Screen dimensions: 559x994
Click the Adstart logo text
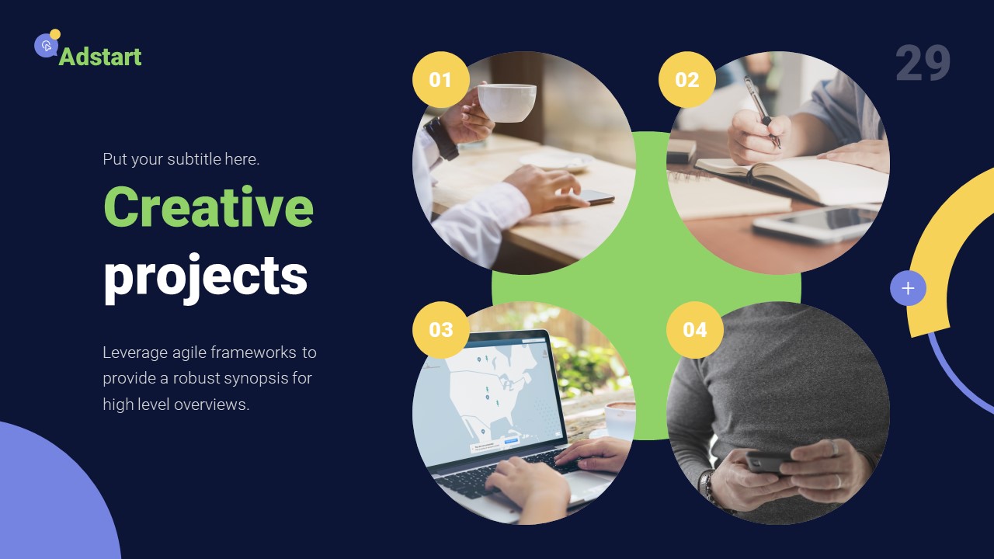click(x=100, y=57)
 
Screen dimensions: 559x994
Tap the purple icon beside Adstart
click(x=46, y=46)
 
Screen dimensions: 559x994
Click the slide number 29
click(x=923, y=64)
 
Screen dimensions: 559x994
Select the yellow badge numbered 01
click(x=440, y=80)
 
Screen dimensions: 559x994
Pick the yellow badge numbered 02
click(x=686, y=80)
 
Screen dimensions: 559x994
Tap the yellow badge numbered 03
click(x=440, y=330)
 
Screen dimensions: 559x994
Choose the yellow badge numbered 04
click(x=694, y=330)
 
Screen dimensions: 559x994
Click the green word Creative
click(x=208, y=207)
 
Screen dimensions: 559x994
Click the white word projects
click(x=205, y=276)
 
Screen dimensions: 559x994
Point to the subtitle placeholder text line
click(x=181, y=159)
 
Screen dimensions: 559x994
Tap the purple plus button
click(x=908, y=289)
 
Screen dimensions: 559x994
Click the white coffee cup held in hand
click(x=506, y=102)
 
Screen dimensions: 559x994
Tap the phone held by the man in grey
click(x=766, y=463)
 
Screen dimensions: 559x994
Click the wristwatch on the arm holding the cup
click(x=441, y=137)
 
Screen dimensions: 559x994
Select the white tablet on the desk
click(x=815, y=223)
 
